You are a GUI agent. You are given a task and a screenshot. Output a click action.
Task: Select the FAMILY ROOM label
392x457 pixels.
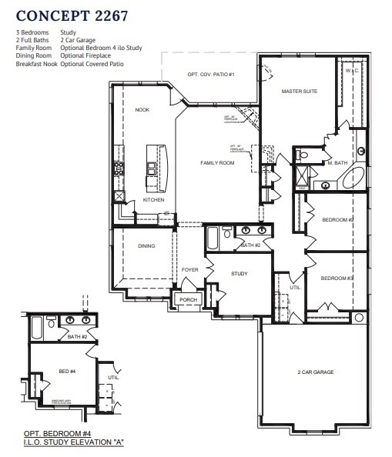(x=217, y=163)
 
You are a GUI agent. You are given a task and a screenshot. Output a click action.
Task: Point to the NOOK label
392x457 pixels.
(x=142, y=110)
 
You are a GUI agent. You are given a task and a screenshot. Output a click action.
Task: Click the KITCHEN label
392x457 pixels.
(x=153, y=200)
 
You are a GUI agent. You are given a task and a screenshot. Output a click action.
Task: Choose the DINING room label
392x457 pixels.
(x=146, y=246)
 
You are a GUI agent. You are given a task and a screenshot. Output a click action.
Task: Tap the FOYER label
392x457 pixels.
(x=190, y=270)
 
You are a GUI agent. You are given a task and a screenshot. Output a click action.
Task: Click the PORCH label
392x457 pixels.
(x=189, y=299)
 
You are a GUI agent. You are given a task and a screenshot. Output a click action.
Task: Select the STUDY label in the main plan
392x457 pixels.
(x=238, y=273)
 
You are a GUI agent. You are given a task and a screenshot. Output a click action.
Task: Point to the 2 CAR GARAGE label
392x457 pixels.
(x=316, y=372)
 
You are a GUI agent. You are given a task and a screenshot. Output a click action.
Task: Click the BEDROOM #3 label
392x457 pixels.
(x=337, y=278)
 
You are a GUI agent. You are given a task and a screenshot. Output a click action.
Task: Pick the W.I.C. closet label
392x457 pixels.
(x=353, y=71)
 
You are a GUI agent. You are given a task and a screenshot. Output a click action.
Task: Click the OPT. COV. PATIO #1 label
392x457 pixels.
(x=210, y=74)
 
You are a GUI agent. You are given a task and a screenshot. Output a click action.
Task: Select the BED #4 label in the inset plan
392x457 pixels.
(x=68, y=372)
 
